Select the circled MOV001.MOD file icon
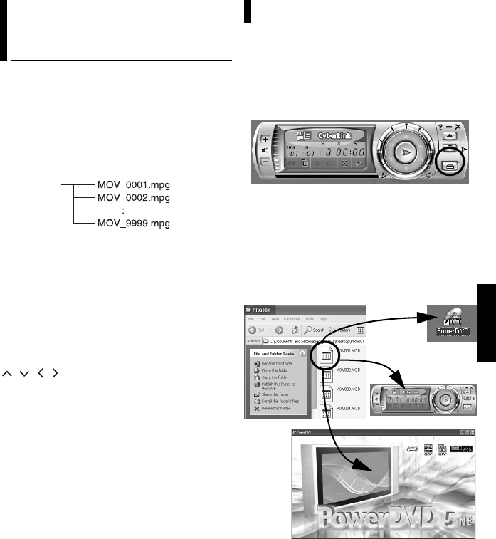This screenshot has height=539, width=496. pyautogui.click(x=328, y=358)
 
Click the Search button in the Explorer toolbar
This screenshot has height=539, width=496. pyautogui.click(x=314, y=330)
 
